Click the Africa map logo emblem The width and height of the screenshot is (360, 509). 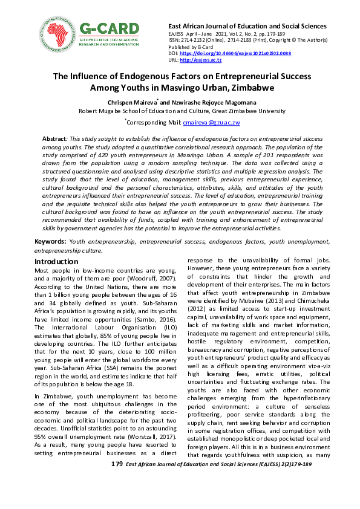click(56, 34)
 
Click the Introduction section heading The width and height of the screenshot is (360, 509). click(56, 261)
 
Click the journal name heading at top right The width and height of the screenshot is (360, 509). click(247, 26)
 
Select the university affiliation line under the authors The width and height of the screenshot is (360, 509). click(179, 111)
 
